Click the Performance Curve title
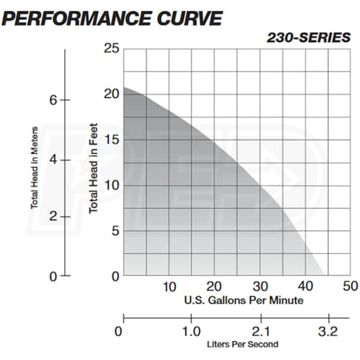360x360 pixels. [x=112, y=18]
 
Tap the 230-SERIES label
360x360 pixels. [x=308, y=37]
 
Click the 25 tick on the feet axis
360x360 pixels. [x=111, y=49]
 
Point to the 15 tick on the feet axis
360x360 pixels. [x=111, y=140]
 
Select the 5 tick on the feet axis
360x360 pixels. [x=115, y=231]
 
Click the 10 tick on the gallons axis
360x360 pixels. [x=169, y=286]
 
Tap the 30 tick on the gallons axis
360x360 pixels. [x=260, y=286]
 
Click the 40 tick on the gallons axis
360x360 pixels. [x=306, y=286]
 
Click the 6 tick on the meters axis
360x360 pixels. [x=53, y=100]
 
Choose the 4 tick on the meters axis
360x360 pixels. [x=53, y=160]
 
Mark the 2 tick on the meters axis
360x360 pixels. [x=53, y=217]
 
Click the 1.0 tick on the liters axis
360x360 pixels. [x=192, y=331]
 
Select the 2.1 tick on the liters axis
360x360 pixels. [x=260, y=331]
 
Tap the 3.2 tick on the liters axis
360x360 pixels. [x=329, y=331]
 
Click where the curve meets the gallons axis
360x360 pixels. [x=325, y=275]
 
